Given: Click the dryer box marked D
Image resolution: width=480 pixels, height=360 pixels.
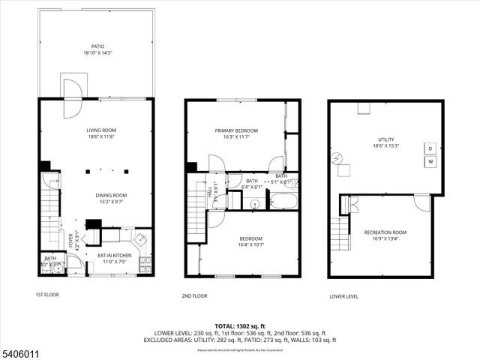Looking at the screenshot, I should click(430, 148).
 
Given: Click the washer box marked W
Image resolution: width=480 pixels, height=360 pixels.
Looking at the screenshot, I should click(430, 160).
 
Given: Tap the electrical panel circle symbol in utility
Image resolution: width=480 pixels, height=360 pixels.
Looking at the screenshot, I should click(337, 157).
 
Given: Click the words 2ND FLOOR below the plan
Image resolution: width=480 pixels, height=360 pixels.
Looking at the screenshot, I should click(194, 295).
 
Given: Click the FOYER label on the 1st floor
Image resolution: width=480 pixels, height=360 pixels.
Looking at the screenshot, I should click(73, 241).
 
